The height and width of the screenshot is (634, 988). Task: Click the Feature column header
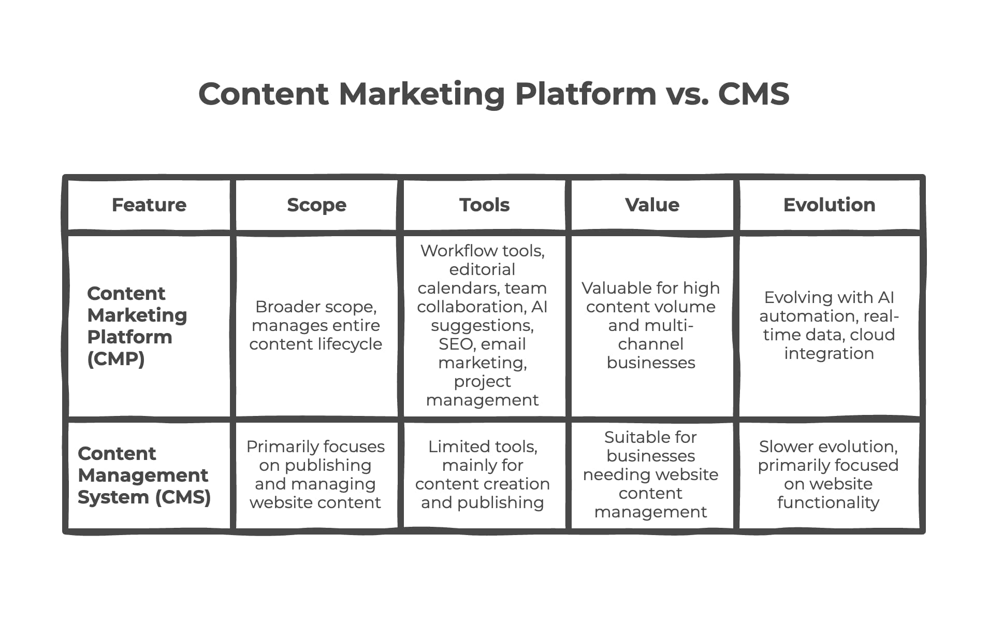pyautogui.click(x=149, y=205)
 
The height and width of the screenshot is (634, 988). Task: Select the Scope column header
pyautogui.click(x=316, y=205)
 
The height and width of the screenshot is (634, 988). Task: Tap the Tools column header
pyautogui.click(x=484, y=205)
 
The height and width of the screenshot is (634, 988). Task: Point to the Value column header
pyautogui.click(x=652, y=205)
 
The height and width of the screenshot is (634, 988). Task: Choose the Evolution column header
pyautogui.click(x=829, y=205)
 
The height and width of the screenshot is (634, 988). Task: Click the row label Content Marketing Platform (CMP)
pyautogui.click(x=137, y=326)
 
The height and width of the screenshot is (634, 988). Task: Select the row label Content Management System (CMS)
pyautogui.click(x=144, y=475)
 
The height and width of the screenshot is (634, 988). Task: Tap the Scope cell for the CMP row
pyautogui.click(x=316, y=325)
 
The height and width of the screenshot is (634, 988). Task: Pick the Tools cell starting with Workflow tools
pyautogui.click(x=482, y=325)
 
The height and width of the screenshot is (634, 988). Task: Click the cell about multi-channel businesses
pyautogui.click(x=651, y=325)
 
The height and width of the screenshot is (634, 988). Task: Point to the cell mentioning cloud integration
pyautogui.click(x=829, y=325)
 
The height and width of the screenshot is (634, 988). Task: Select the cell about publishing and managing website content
pyautogui.click(x=315, y=474)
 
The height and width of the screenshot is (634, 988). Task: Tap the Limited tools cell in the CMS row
pyautogui.click(x=483, y=474)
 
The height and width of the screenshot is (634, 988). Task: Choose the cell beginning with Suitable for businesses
pyautogui.click(x=651, y=474)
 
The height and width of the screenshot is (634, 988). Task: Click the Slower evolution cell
pyautogui.click(x=828, y=474)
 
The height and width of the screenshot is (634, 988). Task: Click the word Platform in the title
pyautogui.click(x=586, y=94)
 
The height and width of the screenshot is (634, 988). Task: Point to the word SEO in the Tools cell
pyautogui.click(x=455, y=344)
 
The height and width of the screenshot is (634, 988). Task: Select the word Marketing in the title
pyautogui.click(x=422, y=94)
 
